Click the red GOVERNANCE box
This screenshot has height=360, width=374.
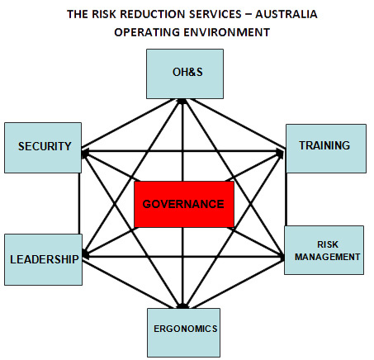[184, 204]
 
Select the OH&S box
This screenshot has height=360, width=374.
[185, 73]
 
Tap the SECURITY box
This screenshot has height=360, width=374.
[43, 148]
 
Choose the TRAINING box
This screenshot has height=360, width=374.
[326, 149]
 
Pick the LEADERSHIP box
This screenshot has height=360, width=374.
[43, 259]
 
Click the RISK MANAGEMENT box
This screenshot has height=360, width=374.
[324, 250]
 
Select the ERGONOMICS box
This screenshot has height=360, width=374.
[183, 333]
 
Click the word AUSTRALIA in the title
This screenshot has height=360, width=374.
[286, 14]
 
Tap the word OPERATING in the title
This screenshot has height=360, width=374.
[147, 32]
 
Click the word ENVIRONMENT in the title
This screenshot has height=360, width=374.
[227, 32]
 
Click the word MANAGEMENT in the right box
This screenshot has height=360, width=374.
[327, 257]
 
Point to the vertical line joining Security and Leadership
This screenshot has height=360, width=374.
[79, 204]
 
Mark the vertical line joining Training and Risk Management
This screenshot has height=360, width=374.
[286, 200]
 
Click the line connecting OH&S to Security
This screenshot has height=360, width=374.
[127, 123]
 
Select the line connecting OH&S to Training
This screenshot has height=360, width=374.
[239, 123]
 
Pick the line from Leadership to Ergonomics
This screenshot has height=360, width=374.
[130, 284]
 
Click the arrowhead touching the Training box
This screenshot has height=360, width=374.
[280, 152]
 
